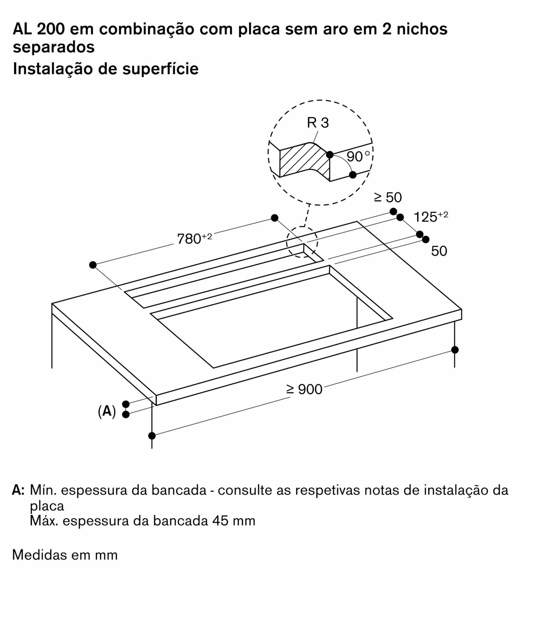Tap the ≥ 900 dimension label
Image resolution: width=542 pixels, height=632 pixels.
click(304, 389)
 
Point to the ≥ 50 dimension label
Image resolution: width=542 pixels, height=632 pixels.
click(388, 197)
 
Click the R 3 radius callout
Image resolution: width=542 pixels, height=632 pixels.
click(318, 123)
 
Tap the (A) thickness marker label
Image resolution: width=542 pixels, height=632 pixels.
click(107, 411)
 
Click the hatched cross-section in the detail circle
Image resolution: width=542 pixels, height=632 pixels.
click(303, 161)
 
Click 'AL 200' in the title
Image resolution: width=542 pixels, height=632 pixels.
click(39, 29)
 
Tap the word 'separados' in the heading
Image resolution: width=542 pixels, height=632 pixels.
click(54, 47)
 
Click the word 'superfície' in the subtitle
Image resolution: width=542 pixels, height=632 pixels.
click(160, 69)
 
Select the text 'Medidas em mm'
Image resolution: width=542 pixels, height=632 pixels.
click(65, 555)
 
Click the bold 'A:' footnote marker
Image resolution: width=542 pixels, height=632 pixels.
click(18, 490)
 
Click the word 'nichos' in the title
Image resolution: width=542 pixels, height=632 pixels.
click(422, 29)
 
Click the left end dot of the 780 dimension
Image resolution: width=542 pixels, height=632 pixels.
click(93, 265)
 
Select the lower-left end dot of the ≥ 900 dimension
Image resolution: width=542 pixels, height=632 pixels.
click(152, 436)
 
